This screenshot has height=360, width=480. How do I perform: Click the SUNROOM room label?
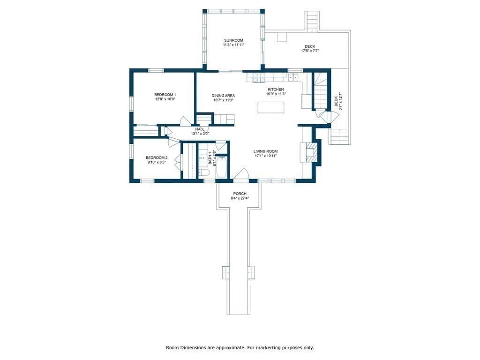(x=233, y=40)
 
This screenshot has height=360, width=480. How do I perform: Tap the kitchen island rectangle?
(x=270, y=107)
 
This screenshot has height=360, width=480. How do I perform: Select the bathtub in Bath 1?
(x=221, y=167)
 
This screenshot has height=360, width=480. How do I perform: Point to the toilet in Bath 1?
(x=203, y=172)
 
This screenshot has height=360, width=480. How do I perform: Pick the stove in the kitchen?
(x=258, y=78)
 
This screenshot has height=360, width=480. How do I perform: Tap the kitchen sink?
(x=293, y=77)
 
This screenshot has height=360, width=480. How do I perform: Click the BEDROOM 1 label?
(x=165, y=95)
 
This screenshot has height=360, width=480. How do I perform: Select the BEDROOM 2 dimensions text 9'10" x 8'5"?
(x=157, y=162)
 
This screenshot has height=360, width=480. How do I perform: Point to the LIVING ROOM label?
(x=265, y=151)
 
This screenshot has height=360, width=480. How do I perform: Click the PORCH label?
(x=240, y=194)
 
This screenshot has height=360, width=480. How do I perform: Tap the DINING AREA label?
(x=223, y=96)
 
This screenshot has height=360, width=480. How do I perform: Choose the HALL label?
(x=200, y=129)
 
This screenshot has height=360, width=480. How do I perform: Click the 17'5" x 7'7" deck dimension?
(x=310, y=51)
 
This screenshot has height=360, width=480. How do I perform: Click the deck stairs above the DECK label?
(x=312, y=21)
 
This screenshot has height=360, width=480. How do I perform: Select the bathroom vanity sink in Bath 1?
(x=203, y=158)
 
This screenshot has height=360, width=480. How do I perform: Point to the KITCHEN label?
(x=276, y=90)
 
